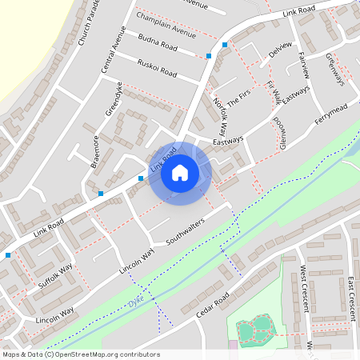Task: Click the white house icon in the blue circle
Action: point(180,173)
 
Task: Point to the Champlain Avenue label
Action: point(166,25)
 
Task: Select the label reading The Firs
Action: point(239,98)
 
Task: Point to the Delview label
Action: point(282,50)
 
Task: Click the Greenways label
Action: point(334,69)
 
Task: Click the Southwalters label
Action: point(186,230)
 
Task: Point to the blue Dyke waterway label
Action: point(135,303)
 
